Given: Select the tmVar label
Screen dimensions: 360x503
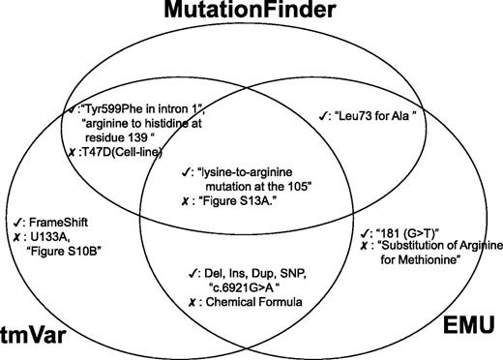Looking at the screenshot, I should (41, 320).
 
